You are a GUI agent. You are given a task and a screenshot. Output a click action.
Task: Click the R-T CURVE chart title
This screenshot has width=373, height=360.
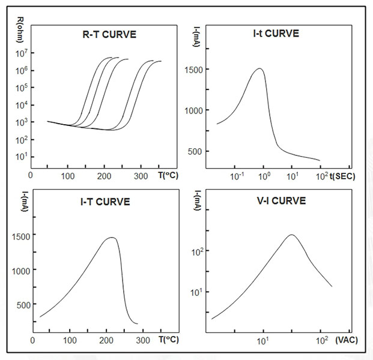click(x=110, y=34)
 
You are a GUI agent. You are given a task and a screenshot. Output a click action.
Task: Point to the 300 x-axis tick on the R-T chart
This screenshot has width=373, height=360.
click(x=141, y=176)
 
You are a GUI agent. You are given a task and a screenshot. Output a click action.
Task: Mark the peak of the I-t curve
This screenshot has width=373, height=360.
click(x=259, y=68)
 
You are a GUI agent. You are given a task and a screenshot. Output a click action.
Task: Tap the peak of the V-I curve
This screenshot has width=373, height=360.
click(x=291, y=235)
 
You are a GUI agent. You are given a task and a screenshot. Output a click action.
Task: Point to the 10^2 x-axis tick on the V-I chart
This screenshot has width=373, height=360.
click(x=321, y=341)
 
